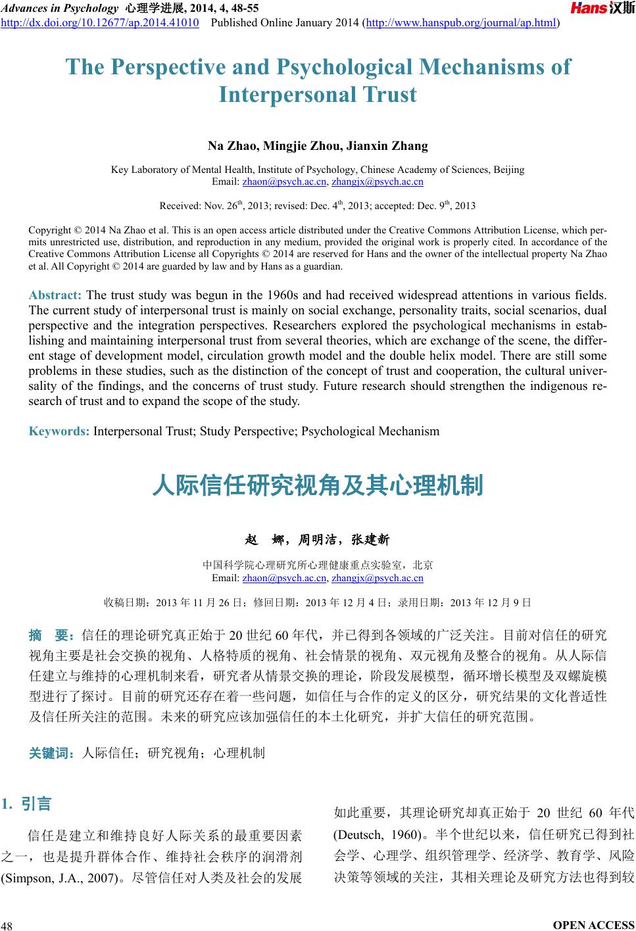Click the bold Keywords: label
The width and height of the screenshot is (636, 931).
coord(59,431)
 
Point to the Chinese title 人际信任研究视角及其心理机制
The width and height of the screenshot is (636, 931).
coord(318,485)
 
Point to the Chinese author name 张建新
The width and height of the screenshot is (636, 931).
coord(370,540)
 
